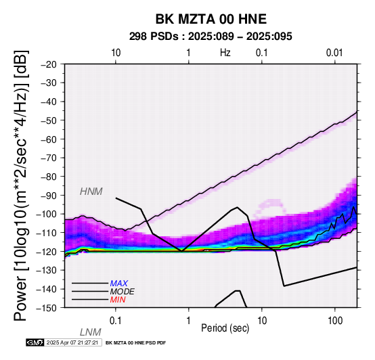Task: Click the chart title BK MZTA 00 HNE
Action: click(x=211, y=19)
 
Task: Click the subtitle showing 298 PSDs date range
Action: click(x=211, y=37)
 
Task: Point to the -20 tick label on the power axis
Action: click(x=49, y=64)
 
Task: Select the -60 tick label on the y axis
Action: click(x=49, y=139)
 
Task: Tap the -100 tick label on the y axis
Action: click(x=47, y=214)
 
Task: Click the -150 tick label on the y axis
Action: click(x=47, y=308)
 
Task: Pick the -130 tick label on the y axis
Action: click(x=47, y=270)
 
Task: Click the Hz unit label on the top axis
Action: click(x=225, y=53)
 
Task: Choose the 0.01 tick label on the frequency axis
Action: click(x=334, y=53)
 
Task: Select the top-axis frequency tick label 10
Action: click(x=116, y=53)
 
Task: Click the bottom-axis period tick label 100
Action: click(x=335, y=321)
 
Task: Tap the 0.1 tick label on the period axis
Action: click(x=116, y=321)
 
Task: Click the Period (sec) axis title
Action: click(x=225, y=328)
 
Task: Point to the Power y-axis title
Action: click(x=21, y=185)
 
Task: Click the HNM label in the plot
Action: click(x=91, y=192)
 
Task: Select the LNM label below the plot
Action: click(x=91, y=332)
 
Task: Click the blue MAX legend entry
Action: click(x=119, y=284)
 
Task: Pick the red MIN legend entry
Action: click(x=118, y=300)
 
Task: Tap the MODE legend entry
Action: click(x=123, y=292)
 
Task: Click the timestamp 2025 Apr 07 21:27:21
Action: click(x=72, y=342)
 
